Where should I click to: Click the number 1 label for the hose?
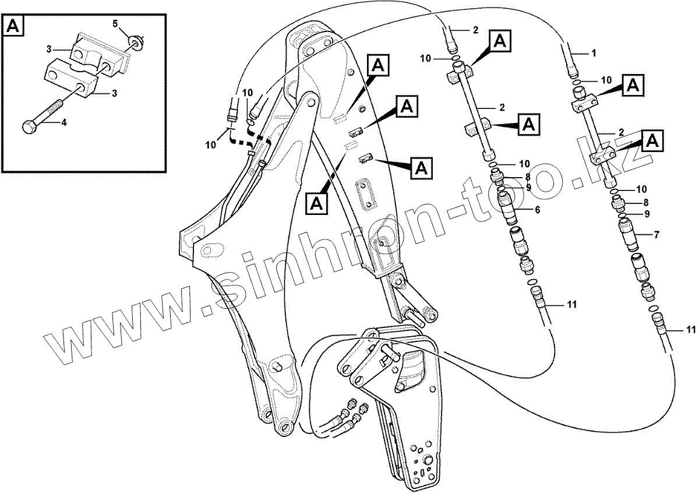[594, 54]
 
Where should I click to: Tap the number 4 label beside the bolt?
[63, 123]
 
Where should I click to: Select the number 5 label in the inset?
[115, 24]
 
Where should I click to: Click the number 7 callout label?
[656, 235]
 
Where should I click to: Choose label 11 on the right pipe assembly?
[691, 330]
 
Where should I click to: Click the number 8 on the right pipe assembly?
[645, 202]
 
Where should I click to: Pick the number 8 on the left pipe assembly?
[527, 177]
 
